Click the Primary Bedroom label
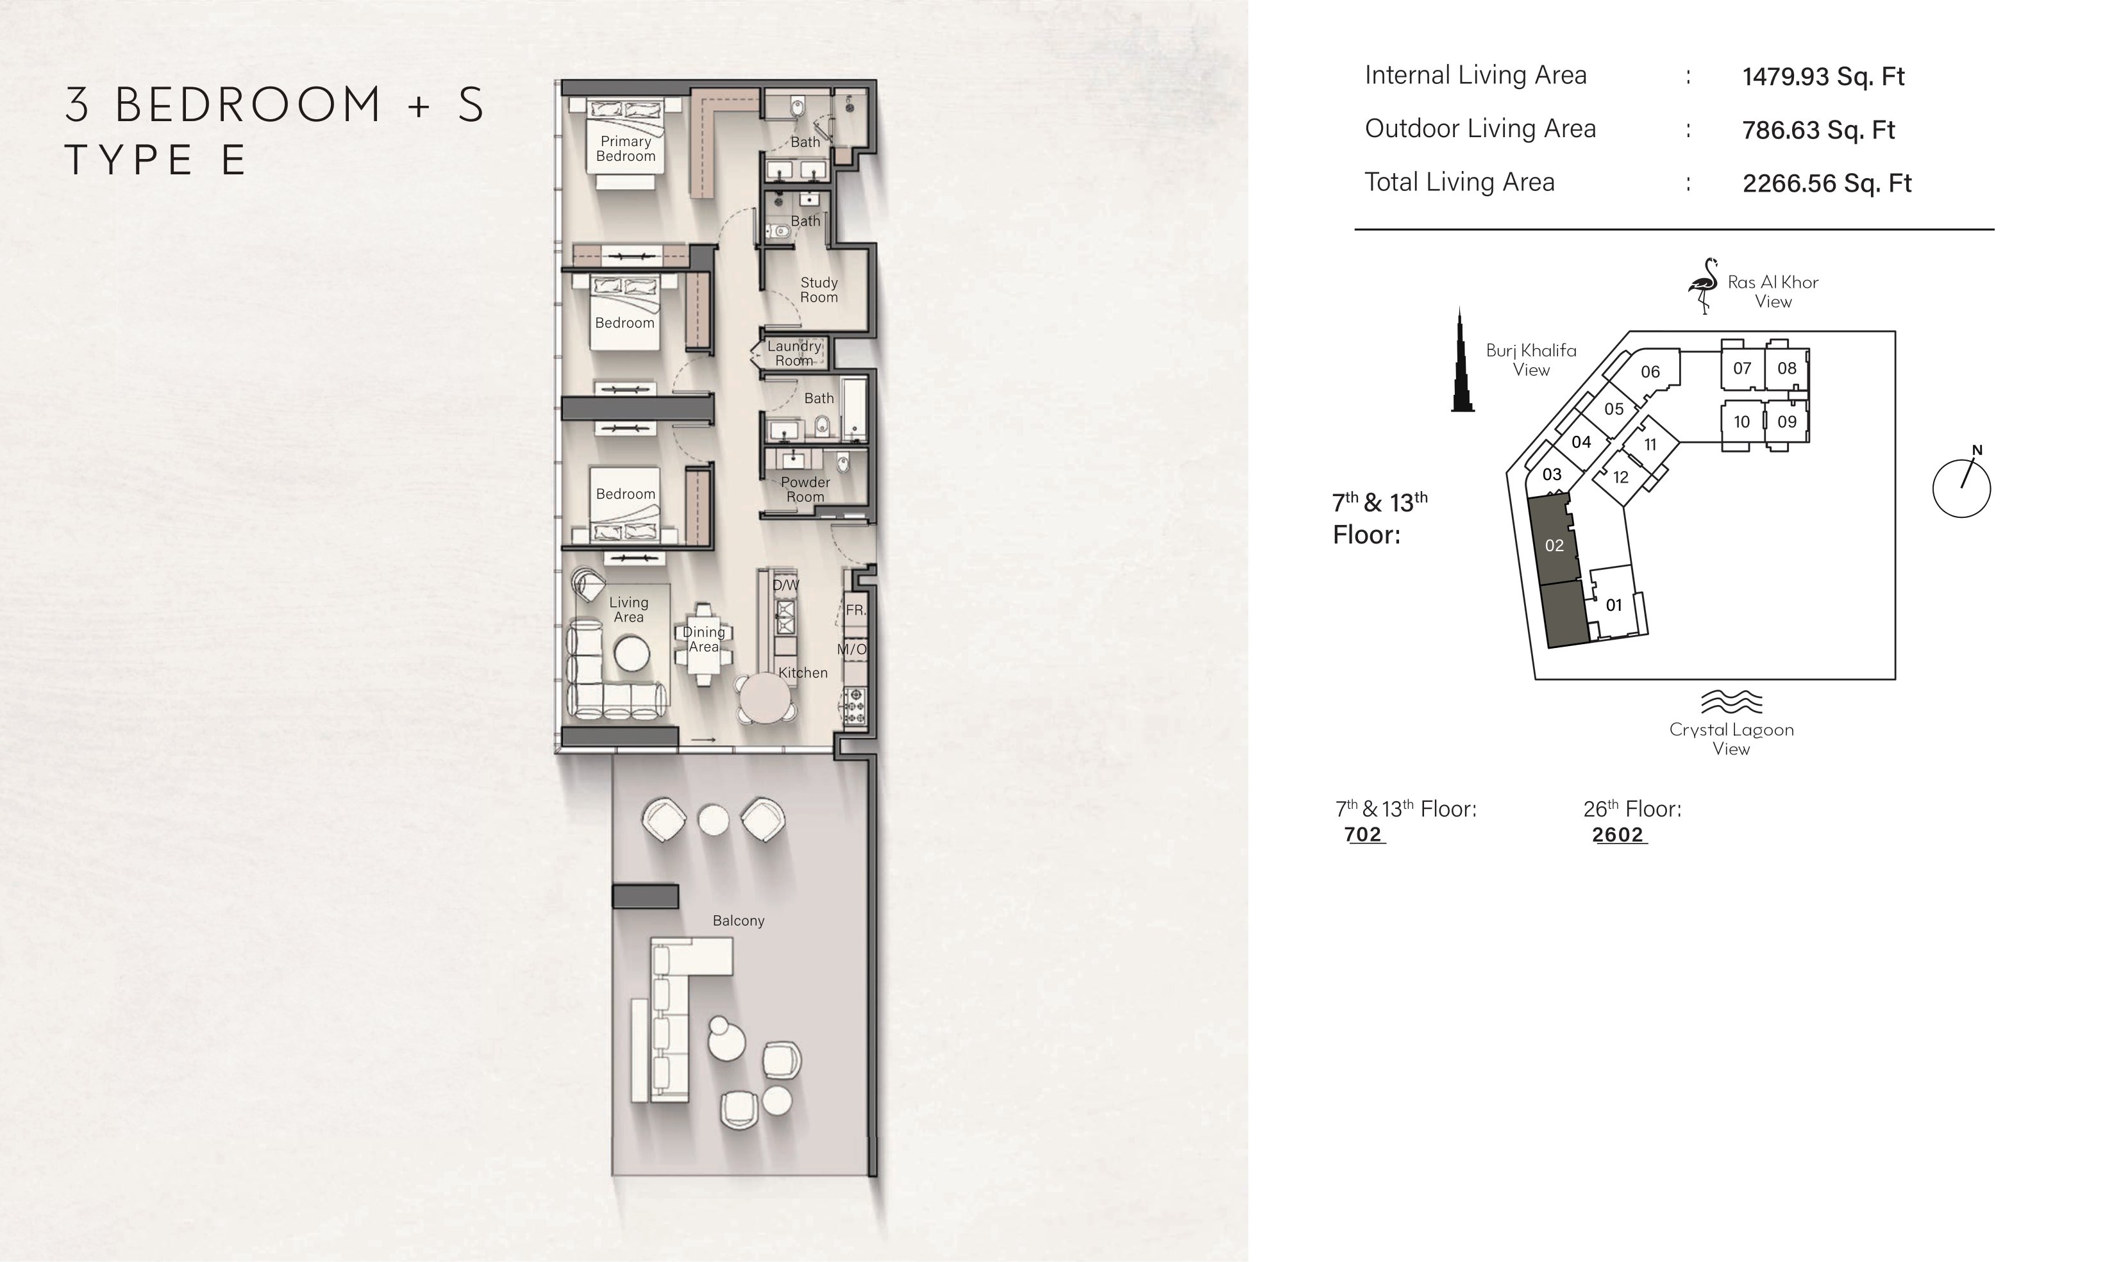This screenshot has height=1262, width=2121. pos(626,149)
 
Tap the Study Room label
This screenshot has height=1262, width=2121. pos(819,290)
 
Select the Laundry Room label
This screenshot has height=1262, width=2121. pos(794,353)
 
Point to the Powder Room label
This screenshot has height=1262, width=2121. pos(805,489)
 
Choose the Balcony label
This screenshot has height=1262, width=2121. pos(738,921)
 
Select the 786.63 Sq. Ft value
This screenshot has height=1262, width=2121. pos(1818,130)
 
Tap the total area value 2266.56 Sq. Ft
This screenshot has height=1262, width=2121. pos(1827,184)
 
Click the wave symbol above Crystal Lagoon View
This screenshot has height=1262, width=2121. pos(1731,702)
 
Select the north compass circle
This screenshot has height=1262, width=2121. pos(1961,489)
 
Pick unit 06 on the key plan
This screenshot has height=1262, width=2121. pos(1650,372)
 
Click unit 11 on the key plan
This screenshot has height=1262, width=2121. pos(1650,445)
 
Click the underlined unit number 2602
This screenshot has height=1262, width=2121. pos(1618,835)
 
